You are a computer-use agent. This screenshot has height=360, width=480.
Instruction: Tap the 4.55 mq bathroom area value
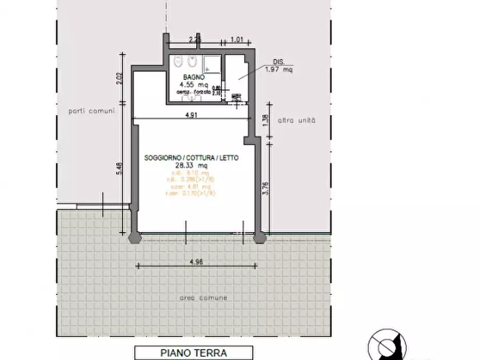tap(194, 85)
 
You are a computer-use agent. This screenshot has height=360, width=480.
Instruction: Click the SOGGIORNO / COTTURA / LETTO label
tap(191, 158)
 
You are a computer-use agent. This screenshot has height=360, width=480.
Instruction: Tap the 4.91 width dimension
tap(192, 114)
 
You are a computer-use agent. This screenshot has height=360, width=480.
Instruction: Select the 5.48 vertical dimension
tap(120, 169)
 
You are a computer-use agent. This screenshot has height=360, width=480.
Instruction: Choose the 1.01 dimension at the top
tap(237, 39)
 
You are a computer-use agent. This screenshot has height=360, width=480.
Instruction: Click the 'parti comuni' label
tap(91, 111)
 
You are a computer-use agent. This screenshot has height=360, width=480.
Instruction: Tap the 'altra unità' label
tap(296, 120)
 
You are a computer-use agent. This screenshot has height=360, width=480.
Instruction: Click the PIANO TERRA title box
tap(194, 353)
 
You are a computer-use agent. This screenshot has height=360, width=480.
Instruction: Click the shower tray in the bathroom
tap(211, 64)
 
